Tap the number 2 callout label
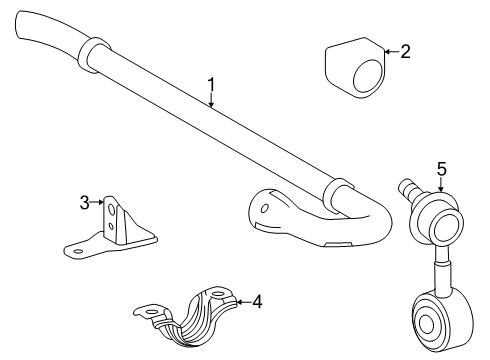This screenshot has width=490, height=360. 405,51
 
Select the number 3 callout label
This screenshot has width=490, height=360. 85,204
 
